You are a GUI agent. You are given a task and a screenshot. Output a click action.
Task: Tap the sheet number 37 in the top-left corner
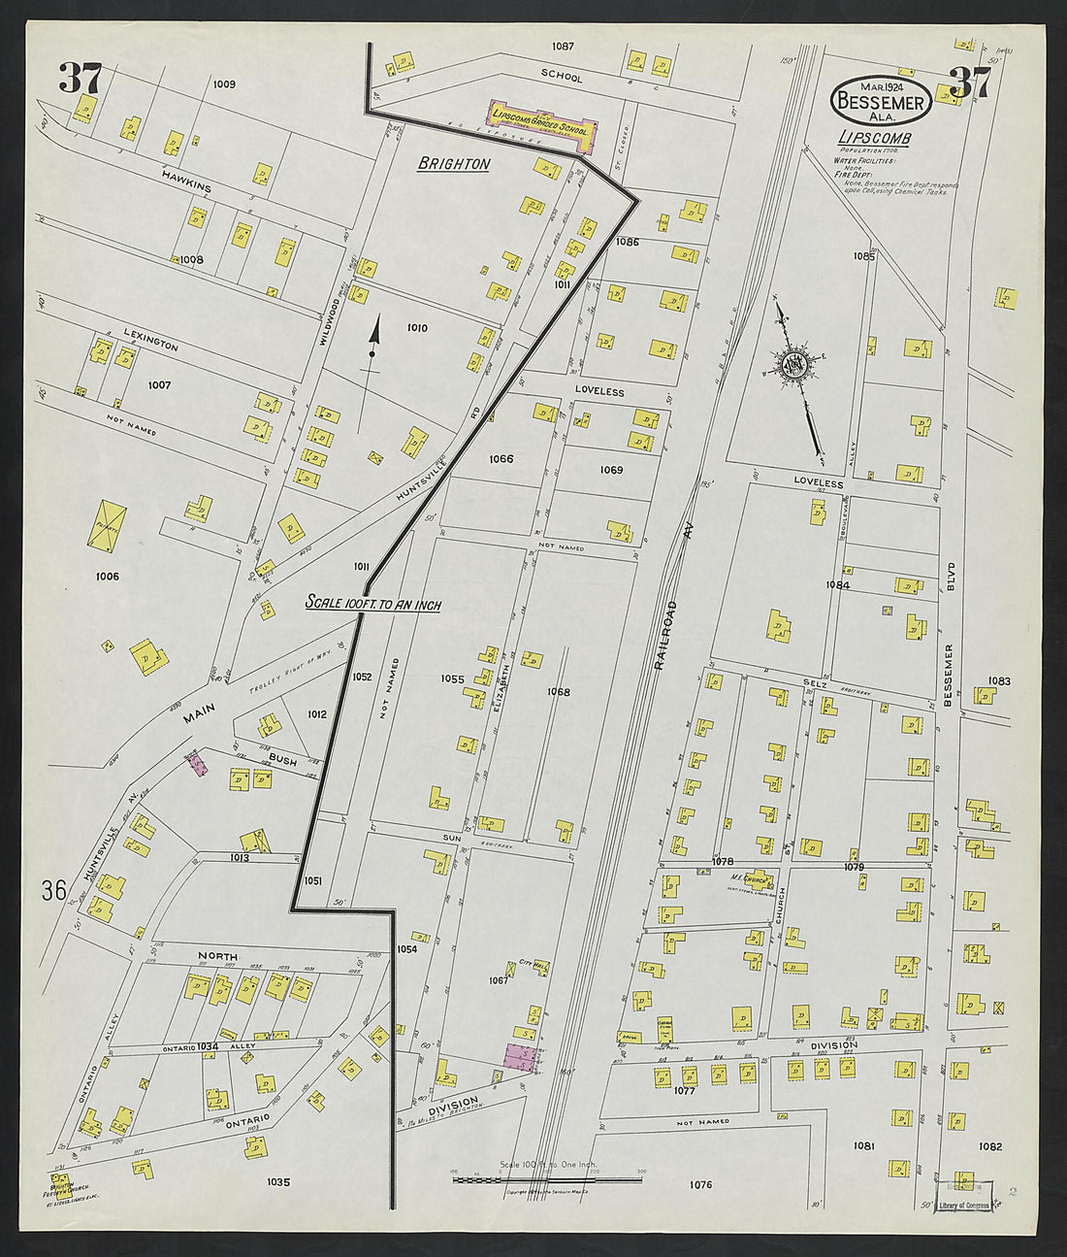(81, 79)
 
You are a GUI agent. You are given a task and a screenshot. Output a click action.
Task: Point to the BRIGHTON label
(453, 164)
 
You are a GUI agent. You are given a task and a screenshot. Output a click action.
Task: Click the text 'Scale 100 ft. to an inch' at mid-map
(372, 604)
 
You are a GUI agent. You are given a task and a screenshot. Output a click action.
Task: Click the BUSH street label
(282, 757)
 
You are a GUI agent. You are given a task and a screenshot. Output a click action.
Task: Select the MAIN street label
(198, 717)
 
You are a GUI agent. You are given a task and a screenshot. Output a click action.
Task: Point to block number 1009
(224, 84)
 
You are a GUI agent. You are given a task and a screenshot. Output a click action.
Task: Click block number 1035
(277, 1181)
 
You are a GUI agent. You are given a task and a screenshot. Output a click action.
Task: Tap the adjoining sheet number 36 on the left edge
(53, 889)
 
